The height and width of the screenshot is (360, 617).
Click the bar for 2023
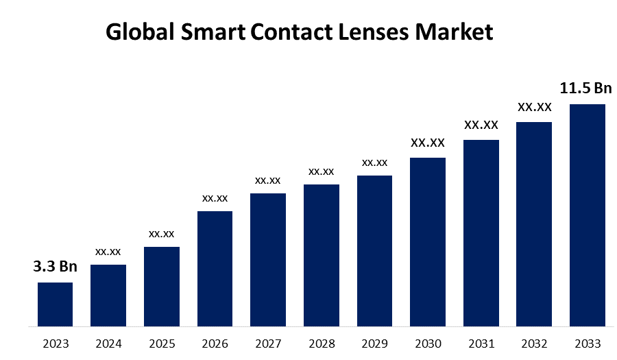point(55,304)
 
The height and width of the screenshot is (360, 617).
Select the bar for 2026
point(215,269)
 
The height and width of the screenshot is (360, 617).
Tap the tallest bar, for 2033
point(588,215)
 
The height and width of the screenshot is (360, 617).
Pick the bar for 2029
point(374,251)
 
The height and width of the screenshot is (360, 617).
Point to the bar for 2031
point(481,233)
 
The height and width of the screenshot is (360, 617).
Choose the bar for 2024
point(108,296)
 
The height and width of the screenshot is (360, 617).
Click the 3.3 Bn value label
point(56,267)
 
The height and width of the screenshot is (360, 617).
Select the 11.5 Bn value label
point(585,88)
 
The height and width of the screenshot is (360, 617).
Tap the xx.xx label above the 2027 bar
point(268,180)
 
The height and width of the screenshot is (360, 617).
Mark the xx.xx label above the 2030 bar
point(428,143)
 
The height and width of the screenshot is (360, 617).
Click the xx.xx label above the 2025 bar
point(162,234)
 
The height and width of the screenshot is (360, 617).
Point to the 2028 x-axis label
point(322,343)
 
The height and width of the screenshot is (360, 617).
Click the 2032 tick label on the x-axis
point(534,343)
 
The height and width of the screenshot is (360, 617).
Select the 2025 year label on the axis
point(162,343)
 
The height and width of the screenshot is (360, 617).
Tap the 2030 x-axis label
point(428,343)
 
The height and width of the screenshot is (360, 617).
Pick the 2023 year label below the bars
point(56,343)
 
